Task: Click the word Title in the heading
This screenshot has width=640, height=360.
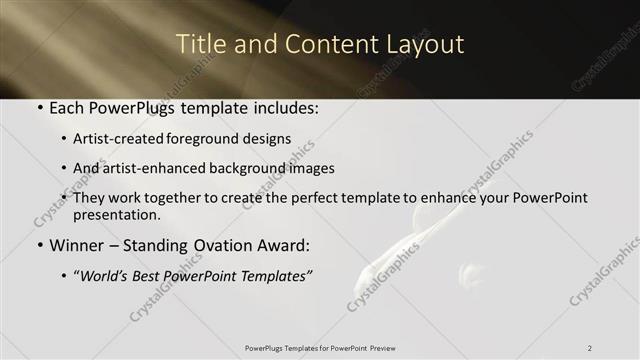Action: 198,45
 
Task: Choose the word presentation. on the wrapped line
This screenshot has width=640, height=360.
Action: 117,214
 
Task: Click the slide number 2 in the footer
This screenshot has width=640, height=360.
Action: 590,348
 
